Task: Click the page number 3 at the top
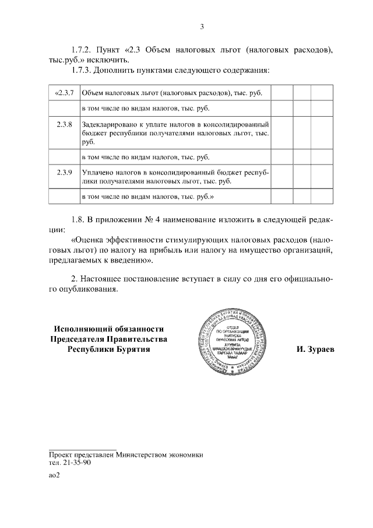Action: pyautogui.click(x=202, y=26)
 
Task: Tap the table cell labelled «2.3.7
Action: pyautogui.click(x=64, y=93)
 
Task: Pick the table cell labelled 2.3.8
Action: pyautogui.click(x=64, y=124)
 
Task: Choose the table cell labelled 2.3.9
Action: pyautogui.click(x=64, y=172)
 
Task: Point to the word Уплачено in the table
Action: pyautogui.click(x=98, y=172)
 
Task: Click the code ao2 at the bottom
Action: pyautogui.click(x=54, y=475)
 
